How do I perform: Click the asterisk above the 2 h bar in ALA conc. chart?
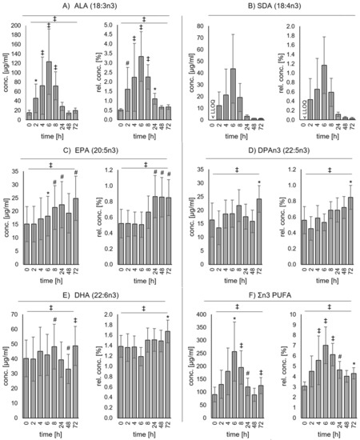36,82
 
